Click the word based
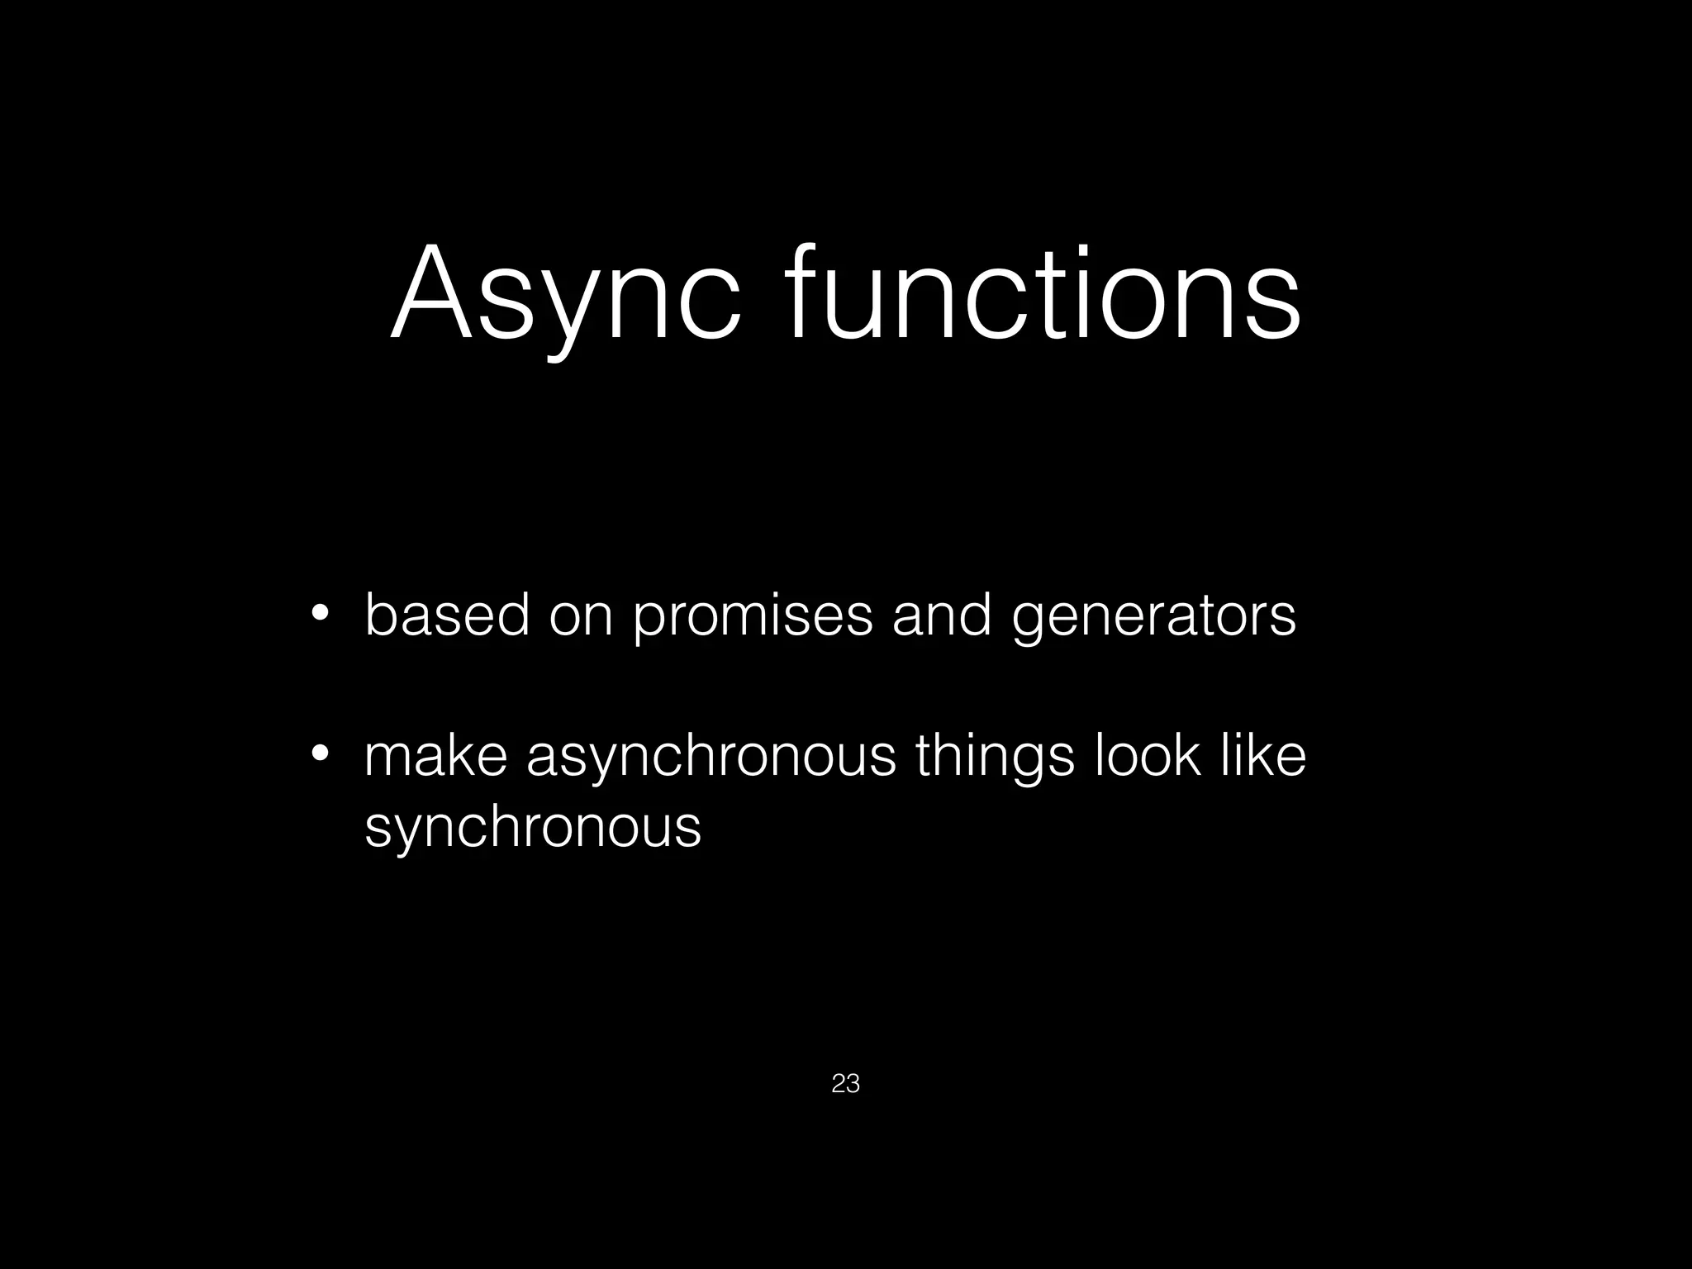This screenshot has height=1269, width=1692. tap(447, 615)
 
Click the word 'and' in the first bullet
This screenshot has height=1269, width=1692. tap(942, 615)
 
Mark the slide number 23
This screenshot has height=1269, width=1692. tap(846, 1083)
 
